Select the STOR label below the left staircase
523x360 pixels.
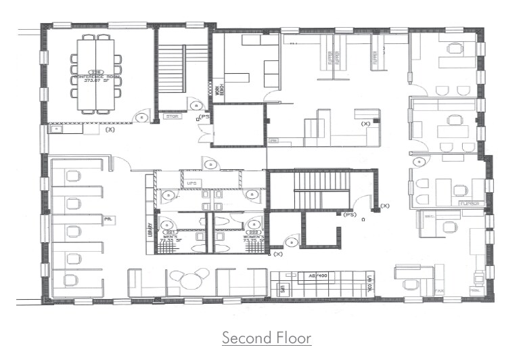tap(173, 117)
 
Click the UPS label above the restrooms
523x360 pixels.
tap(191, 183)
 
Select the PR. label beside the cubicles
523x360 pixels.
tap(108, 220)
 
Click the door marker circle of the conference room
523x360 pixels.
tap(141, 117)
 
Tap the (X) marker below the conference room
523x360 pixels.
tap(110, 128)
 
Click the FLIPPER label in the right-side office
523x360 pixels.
tap(470, 203)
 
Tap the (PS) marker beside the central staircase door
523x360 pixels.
tap(350, 215)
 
